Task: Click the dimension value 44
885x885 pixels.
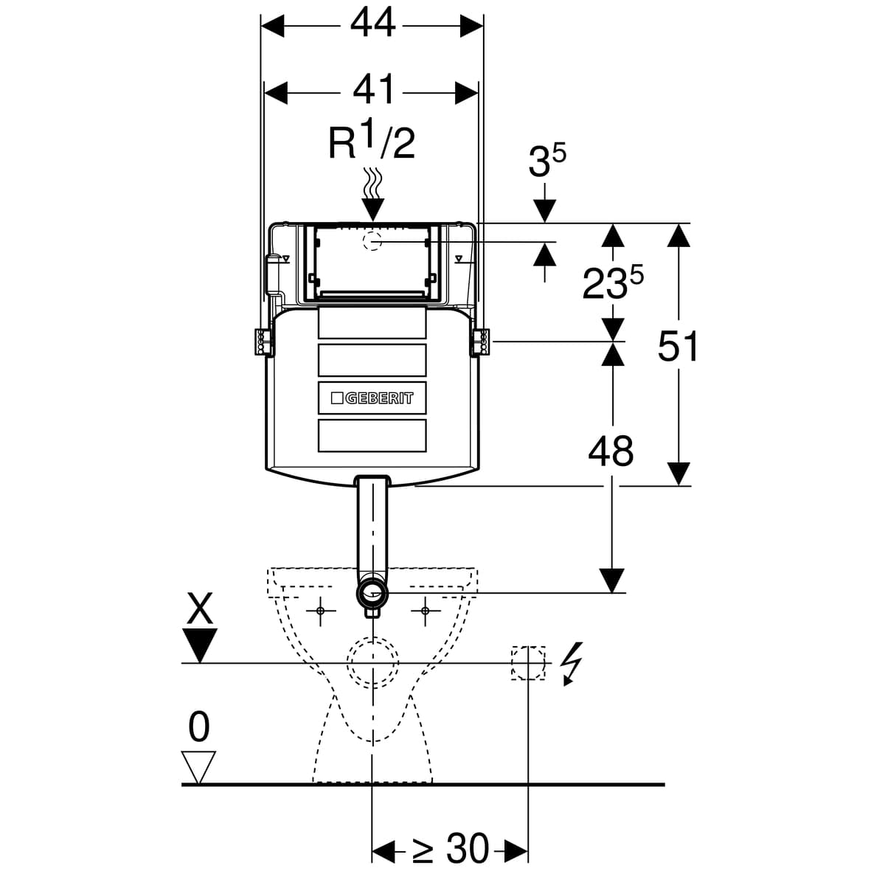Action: [372, 25]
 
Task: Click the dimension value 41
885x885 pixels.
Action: [372, 92]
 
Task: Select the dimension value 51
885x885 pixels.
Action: [678, 347]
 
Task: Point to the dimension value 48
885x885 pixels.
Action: [611, 451]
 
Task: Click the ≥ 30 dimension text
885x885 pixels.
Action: [450, 849]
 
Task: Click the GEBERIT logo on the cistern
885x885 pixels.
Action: [372, 398]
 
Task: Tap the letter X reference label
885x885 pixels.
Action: [200, 611]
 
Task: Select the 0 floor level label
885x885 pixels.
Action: [199, 728]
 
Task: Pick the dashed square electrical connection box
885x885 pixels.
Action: [528, 662]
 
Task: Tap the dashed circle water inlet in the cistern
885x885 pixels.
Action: [373, 241]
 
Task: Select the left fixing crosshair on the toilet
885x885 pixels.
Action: [320, 611]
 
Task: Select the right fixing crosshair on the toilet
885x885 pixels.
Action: [426, 611]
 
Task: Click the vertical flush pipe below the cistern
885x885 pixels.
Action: [373, 527]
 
